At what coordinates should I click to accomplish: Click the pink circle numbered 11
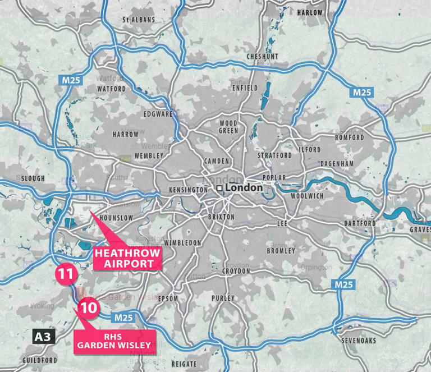66,274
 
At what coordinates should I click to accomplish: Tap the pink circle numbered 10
89,307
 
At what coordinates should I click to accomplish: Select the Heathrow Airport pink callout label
127,258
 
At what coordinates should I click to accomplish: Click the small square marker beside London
221,188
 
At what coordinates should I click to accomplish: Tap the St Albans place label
139,20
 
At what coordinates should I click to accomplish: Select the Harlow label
310,12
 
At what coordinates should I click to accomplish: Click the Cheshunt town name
262,57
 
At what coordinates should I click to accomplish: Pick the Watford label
111,89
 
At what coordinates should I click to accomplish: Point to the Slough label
31,178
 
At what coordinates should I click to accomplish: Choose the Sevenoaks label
359,340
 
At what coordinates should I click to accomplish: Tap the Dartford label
360,223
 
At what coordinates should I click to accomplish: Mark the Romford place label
350,137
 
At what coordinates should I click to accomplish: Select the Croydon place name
236,270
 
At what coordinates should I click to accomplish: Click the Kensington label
189,190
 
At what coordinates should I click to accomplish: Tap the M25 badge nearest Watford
72,80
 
